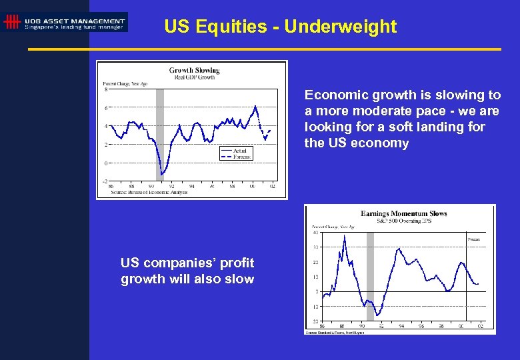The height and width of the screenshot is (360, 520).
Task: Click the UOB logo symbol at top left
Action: coord(12,22)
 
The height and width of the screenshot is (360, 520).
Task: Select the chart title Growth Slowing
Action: coord(194,70)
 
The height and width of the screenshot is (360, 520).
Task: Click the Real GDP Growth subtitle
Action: coord(194,77)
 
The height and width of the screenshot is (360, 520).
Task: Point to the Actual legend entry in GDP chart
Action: coord(239,151)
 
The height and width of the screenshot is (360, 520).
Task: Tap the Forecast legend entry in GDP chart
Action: coord(241,157)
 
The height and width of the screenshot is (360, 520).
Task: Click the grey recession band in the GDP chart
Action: coord(160,133)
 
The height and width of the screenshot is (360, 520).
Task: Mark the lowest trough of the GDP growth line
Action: coord(161,176)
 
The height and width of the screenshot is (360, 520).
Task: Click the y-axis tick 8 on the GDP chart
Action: coord(105,89)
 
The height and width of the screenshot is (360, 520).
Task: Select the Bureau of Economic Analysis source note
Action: coord(149,192)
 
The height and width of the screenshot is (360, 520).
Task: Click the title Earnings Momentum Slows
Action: coord(403,213)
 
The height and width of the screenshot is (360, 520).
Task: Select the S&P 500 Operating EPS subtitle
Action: coord(403,220)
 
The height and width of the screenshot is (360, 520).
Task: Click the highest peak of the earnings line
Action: coord(344,236)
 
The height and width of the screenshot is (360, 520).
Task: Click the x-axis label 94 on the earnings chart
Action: coord(401,327)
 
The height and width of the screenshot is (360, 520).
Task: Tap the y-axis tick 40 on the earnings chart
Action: coord(315,233)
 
